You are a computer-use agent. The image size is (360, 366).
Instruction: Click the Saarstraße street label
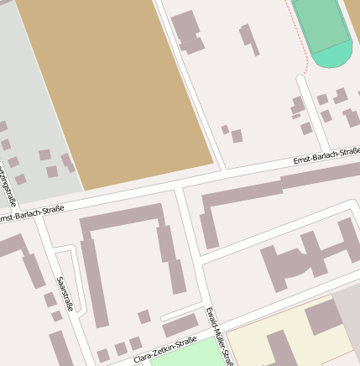pos(65,293)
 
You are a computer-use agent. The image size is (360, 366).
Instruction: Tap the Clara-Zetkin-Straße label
pos(164,350)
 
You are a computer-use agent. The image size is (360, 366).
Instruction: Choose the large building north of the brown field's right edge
pos(187,32)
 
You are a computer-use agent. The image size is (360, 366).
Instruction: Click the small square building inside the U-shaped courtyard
pos(144,316)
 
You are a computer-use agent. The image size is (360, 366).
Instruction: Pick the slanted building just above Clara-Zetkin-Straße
pos(180,326)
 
